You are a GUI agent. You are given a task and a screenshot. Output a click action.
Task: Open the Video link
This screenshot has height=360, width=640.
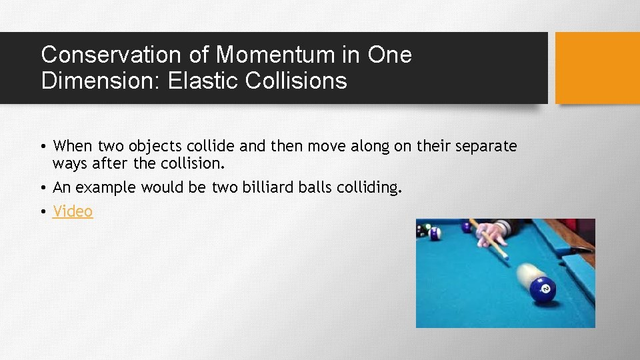[x=73, y=211]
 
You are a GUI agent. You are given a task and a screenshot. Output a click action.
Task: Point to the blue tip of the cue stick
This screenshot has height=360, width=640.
[x=506, y=257]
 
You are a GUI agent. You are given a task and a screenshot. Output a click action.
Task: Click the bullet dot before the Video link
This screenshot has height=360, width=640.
[x=42, y=212]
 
